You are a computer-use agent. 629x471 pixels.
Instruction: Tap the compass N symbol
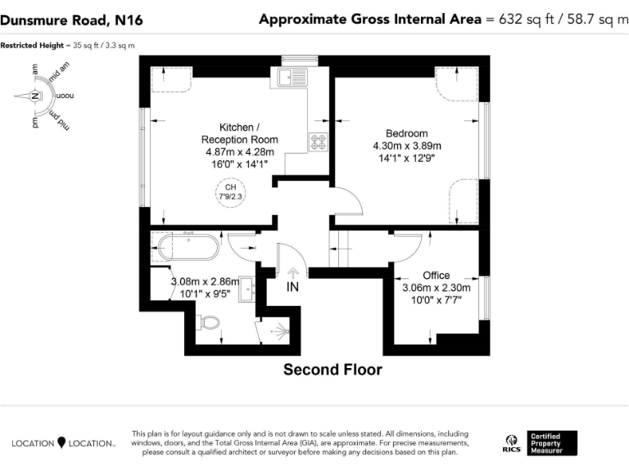pyautogui.click(x=35, y=96)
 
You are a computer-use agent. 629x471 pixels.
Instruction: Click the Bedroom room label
pyautogui.click(x=406, y=133)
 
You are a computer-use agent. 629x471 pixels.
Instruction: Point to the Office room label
pyautogui.click(x=436, y=276)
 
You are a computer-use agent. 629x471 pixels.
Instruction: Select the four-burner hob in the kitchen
pyautogui.click(x=318, y=141)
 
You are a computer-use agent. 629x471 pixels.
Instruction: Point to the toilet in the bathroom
pyautogui.click(x=210, y=324)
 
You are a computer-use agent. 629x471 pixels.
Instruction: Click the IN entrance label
pyautogui.click(x=293, y=287)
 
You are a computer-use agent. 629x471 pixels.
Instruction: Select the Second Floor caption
pyautogui.click(x=333, y=370)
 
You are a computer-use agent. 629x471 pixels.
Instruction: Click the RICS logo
pyautogui.click(x=511, y=443)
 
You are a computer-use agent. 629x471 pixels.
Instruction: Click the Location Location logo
pyautogui.click(x=64, y=443)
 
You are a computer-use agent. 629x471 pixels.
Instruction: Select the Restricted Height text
pyautogui.click(x=68, y=45)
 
